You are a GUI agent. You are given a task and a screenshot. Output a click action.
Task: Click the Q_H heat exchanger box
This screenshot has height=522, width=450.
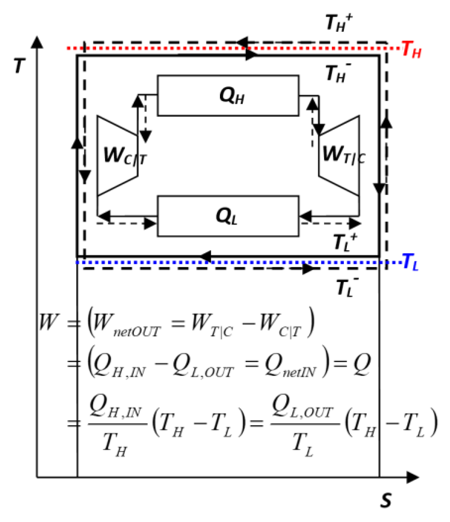click(x=228, y=96)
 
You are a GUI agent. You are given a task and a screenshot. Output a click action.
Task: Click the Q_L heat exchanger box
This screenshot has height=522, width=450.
click(x=228, y=216)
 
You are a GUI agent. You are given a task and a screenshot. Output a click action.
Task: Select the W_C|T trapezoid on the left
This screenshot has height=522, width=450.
click(x=117, y=155)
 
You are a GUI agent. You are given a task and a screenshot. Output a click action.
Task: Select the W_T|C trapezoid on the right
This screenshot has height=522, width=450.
click(x=339, y=155)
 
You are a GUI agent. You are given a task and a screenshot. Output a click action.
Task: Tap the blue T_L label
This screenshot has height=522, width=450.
click(x=410, y=262)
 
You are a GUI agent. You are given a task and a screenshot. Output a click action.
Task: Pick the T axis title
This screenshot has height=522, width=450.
click(x=20, y=65)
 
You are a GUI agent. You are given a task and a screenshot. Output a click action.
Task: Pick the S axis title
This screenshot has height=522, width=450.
click(x=386, y=500)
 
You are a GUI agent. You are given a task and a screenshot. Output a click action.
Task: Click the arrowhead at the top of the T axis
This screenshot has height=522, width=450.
click(x=37, y=42)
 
